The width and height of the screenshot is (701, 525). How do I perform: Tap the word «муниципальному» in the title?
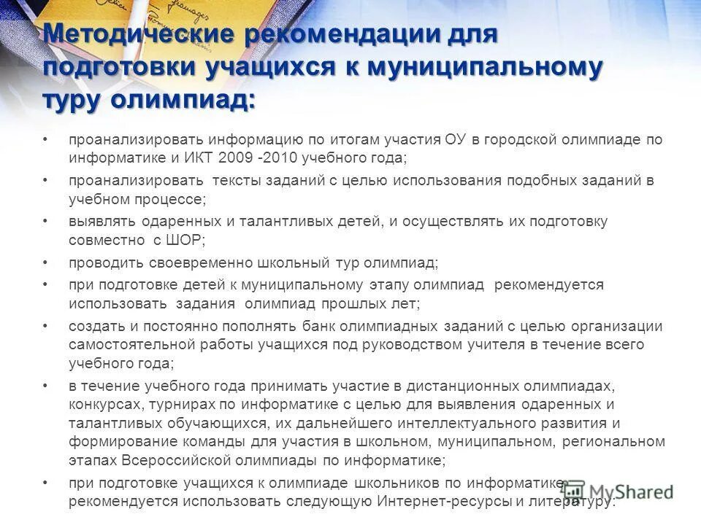(485, 66)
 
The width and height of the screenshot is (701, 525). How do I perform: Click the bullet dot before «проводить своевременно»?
(45, 262)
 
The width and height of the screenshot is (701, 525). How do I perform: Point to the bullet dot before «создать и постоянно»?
(45, 326)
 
